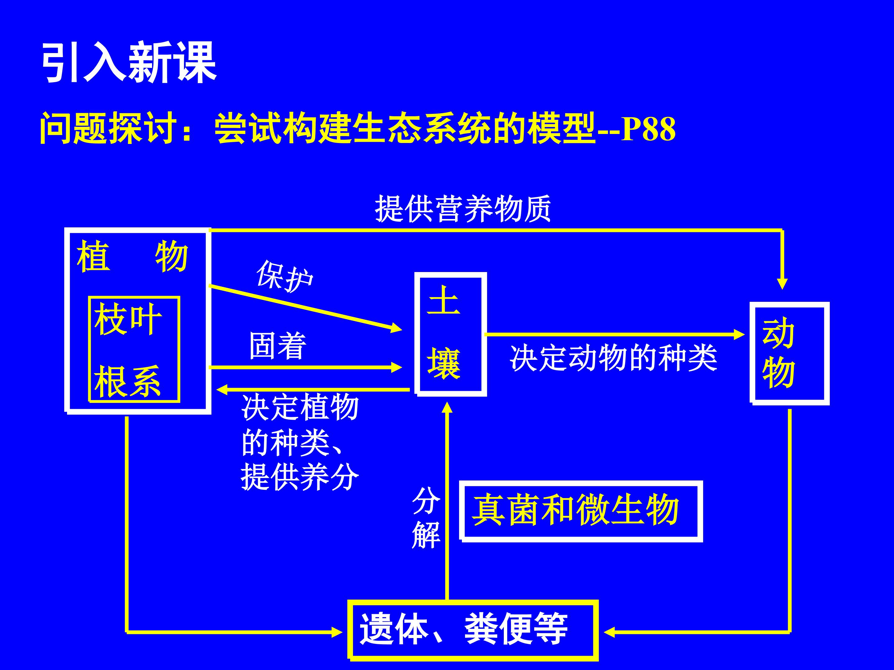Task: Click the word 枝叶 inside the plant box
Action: (x=128, y=319)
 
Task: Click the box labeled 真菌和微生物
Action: (x=581, y=511)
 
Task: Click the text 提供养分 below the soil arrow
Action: (x=300, y=476)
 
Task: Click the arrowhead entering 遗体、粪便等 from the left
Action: (x=337, y=632)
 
